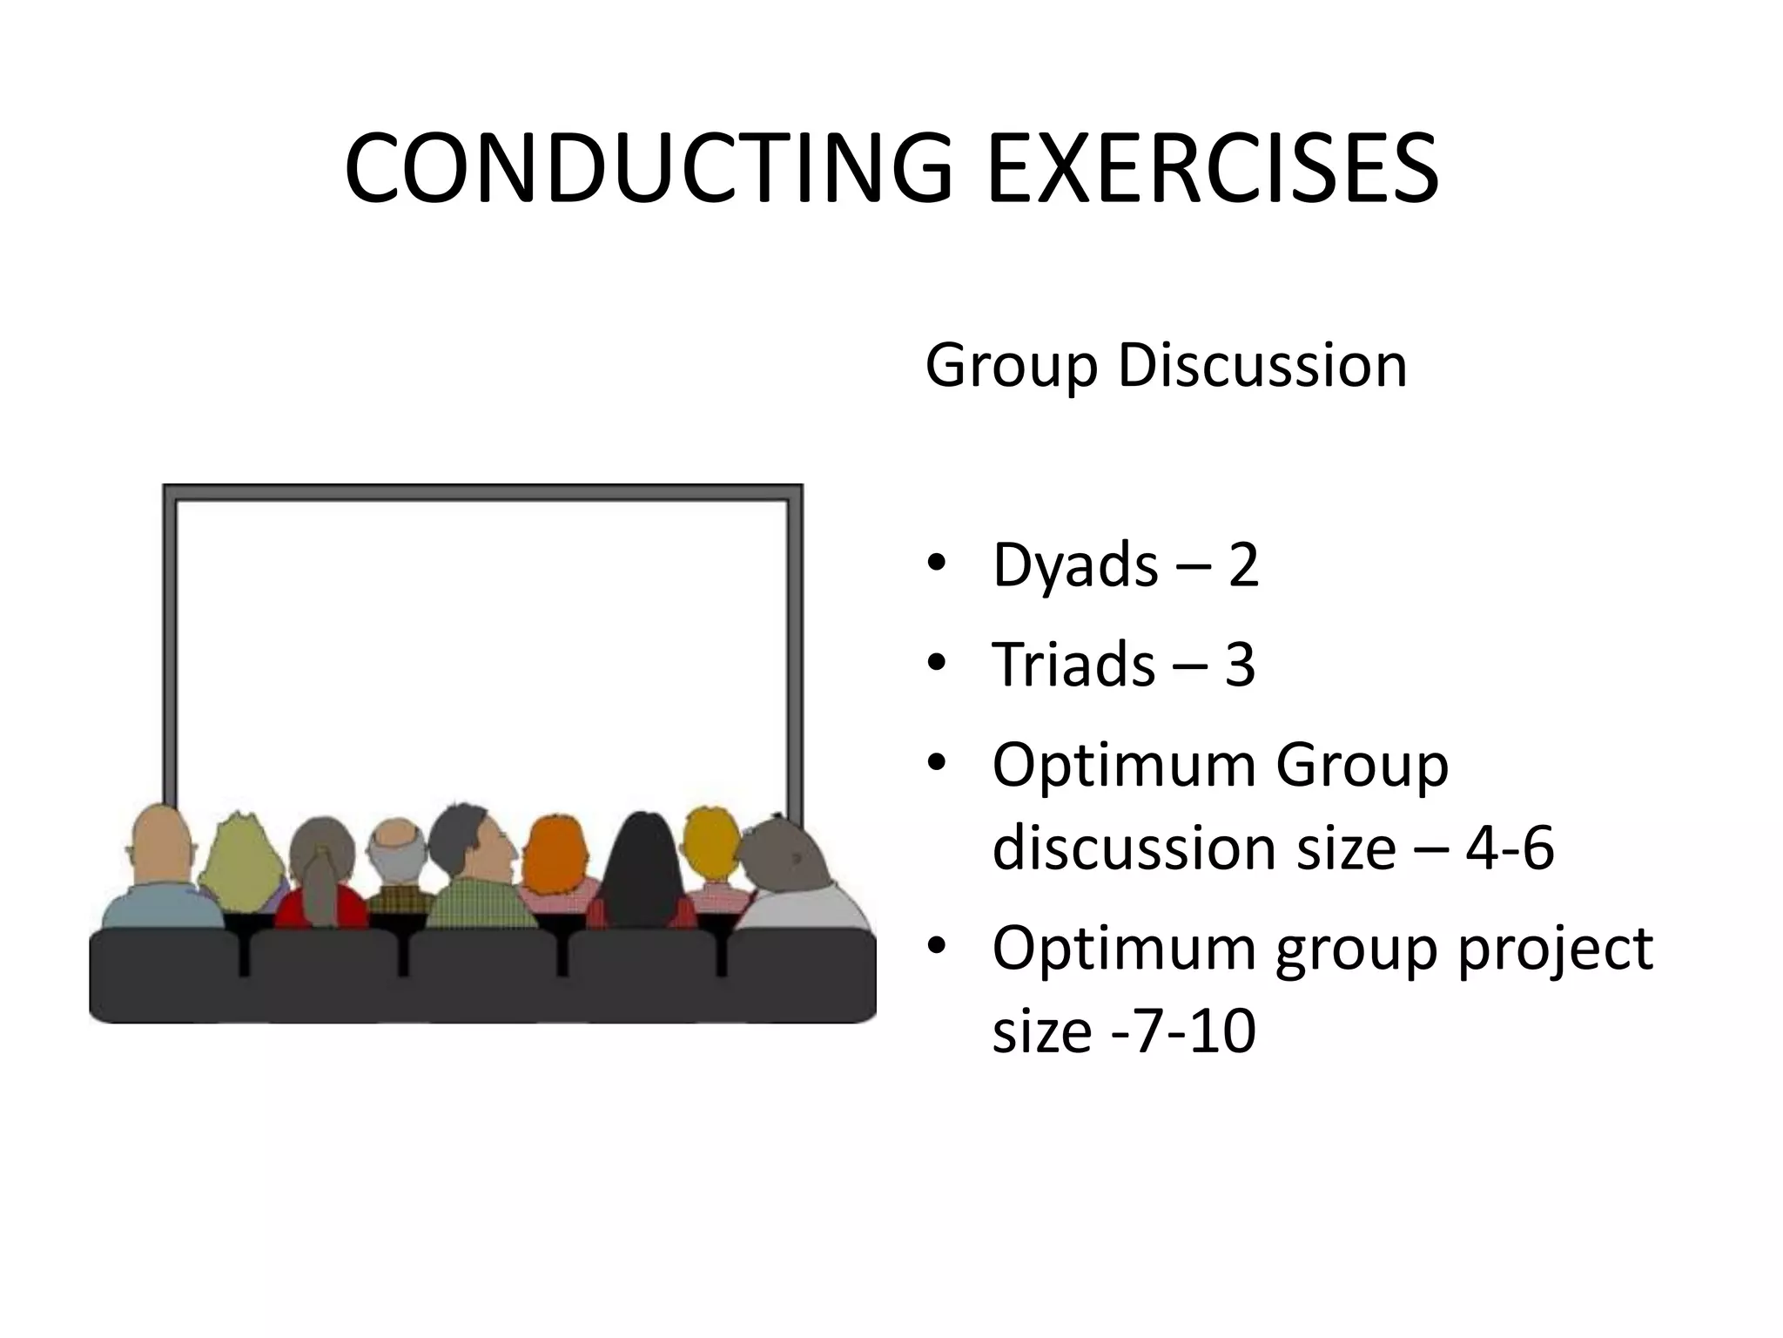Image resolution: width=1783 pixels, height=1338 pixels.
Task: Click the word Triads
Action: (x=1073, y=664)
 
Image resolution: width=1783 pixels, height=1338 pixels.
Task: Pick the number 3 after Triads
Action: (x=1240, y=664)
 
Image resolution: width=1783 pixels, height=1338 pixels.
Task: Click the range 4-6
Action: (x=1510, y=847)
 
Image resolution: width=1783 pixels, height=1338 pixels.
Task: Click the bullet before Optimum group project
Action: (x=936, y=947)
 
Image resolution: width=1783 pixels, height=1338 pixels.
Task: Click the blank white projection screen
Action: (x=481, y=645)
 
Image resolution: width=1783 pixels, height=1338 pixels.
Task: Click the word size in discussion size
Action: (x=1346, y=847)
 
